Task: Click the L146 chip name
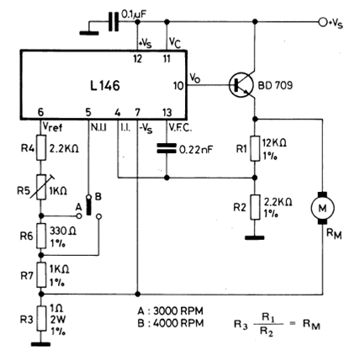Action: pos(105,86)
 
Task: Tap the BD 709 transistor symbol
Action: pos(240,84)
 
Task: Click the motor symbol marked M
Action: pos(322,208)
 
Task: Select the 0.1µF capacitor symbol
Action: pos(114,21)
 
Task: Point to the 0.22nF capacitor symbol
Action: pos(167,148)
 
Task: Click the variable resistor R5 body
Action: pos(41,187)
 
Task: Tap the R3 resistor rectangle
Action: pos(41,318)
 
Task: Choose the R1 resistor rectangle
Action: pos(255,148)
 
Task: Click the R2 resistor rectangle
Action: pos(255,207)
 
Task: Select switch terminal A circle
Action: pos(79,216)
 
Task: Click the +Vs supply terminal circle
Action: pos(323,22)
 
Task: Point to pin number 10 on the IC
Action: pos(178,86)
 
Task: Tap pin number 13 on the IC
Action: pos(167,113)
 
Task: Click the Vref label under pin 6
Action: pos(52,127)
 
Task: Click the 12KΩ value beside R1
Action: pos(274,143)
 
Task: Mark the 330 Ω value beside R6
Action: pos(63,231)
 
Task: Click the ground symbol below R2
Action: pos(255,238)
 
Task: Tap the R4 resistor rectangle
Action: pos(41,147)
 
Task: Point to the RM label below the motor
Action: pos(334,234)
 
